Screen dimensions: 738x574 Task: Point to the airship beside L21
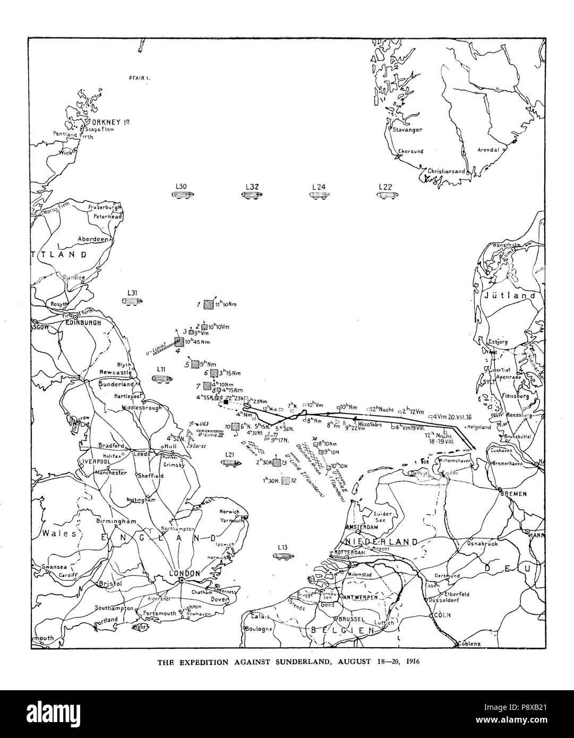click(x=229, y=463)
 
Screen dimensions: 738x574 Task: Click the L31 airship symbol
click(x=132, y=301)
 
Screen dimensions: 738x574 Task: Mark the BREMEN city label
click(x=512, y=494)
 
